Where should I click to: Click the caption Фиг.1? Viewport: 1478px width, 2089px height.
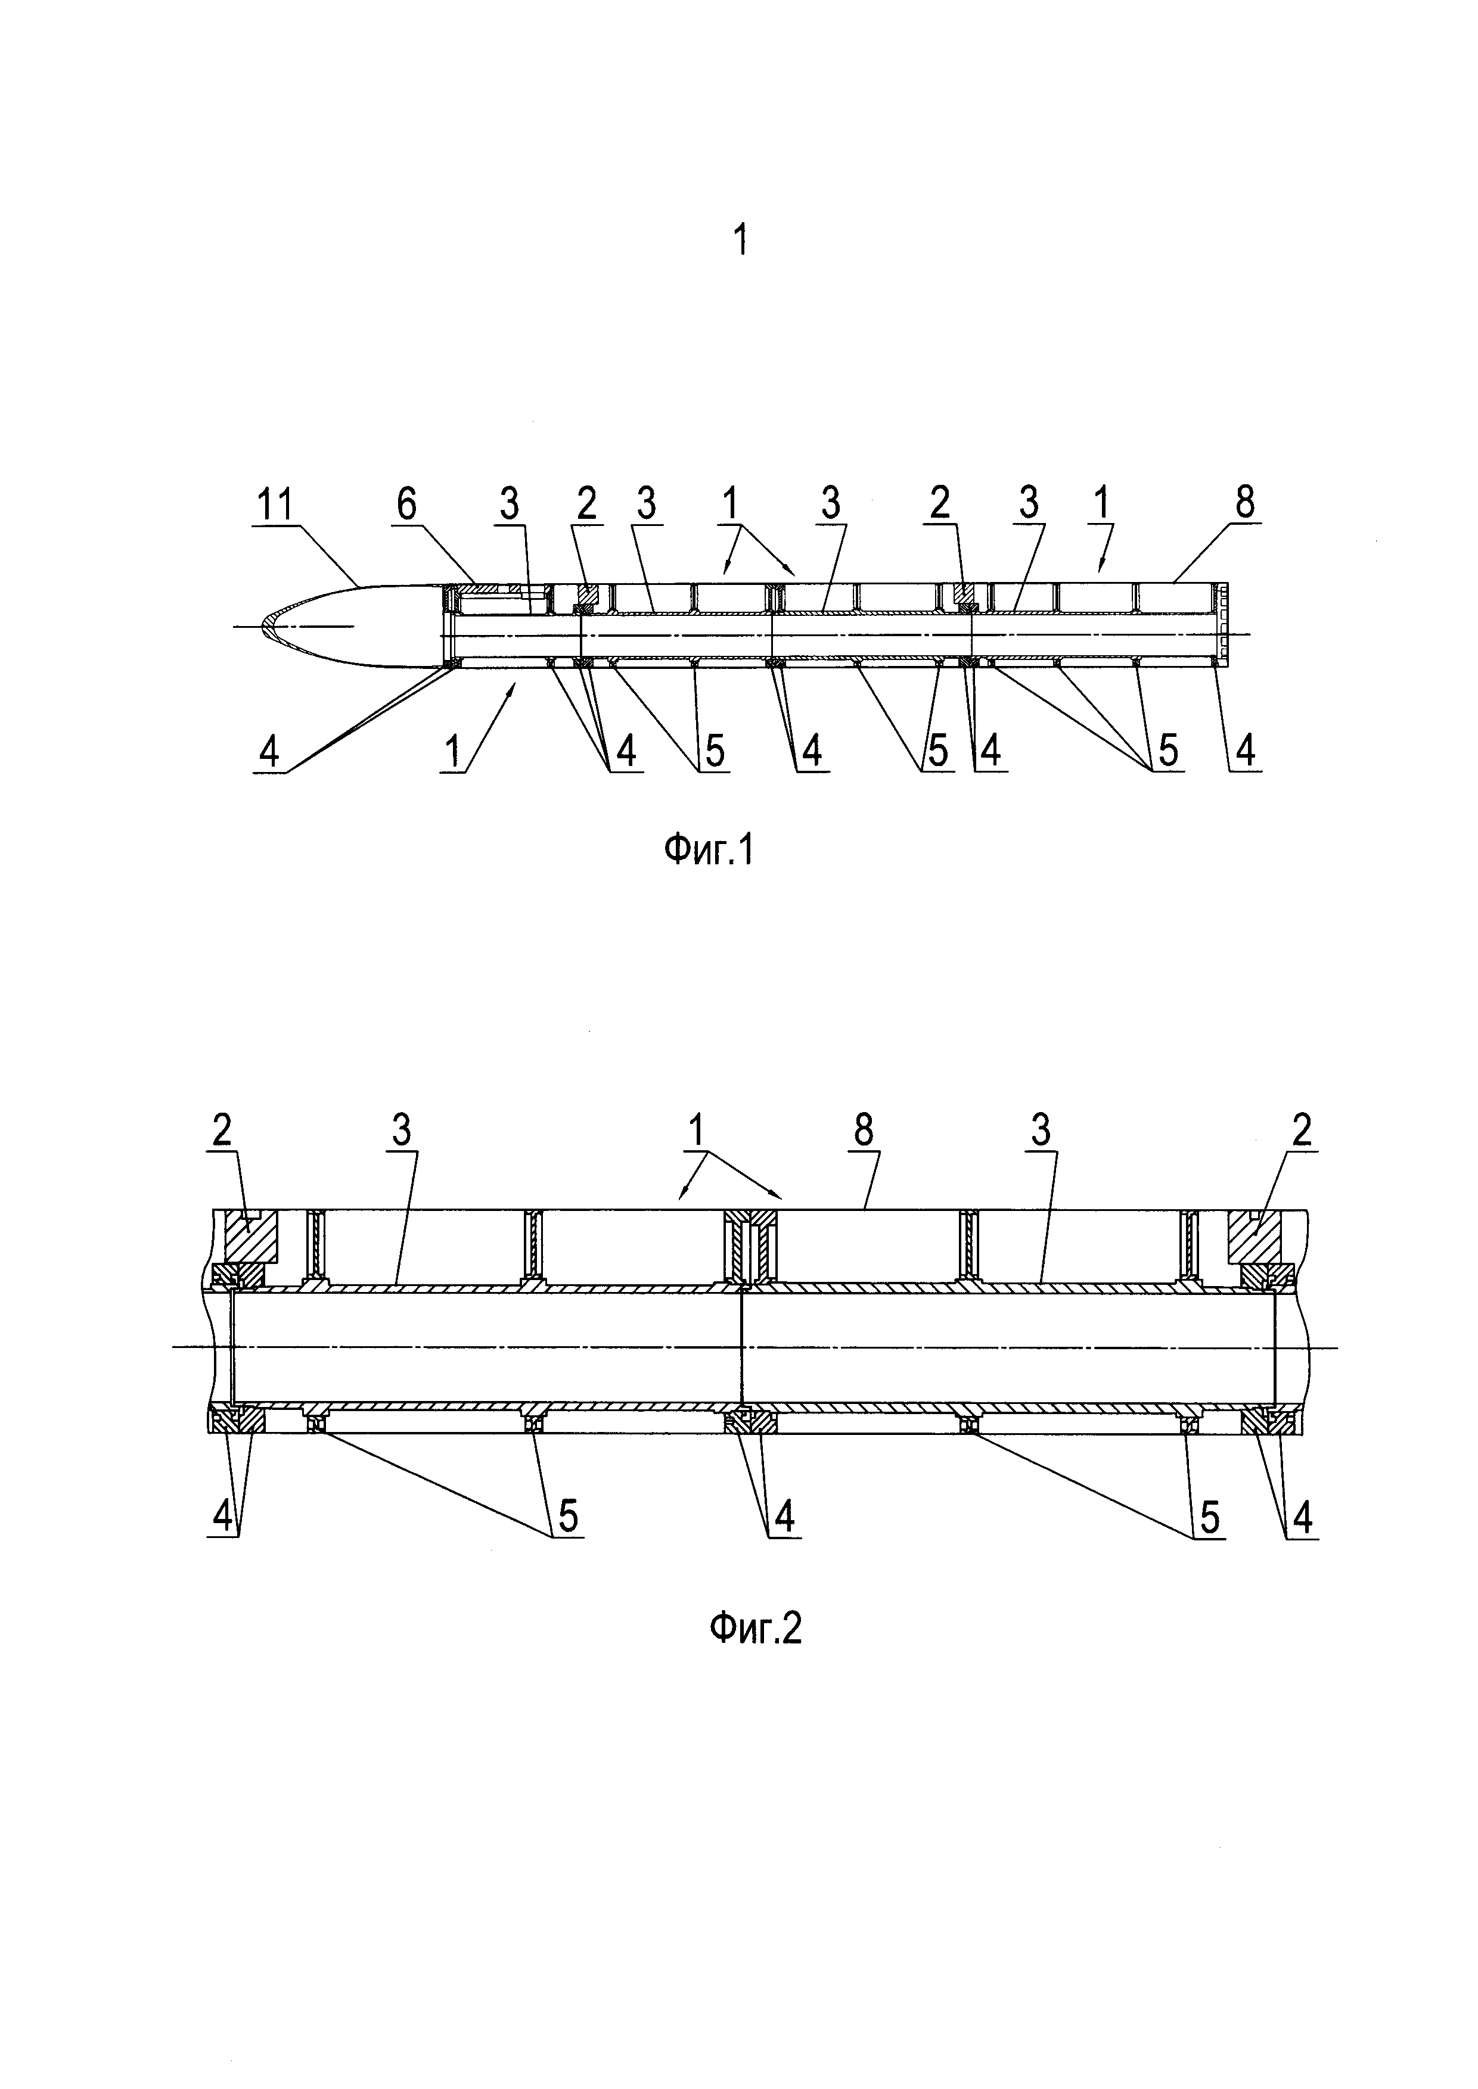[708, 852]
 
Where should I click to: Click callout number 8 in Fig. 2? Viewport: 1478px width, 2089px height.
[863, 1131]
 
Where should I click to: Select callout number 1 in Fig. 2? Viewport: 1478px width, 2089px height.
[695, 1131]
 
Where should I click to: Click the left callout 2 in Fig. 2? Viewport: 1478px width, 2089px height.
[222, 1131]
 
